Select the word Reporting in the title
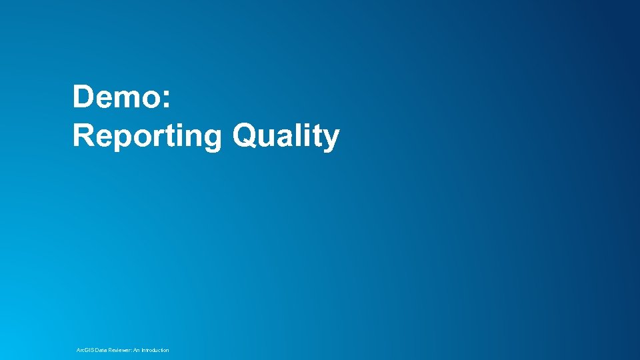coord(147,136)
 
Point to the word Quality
coord(286,136)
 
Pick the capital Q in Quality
coord(244,136)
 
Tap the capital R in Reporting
coord(83,135)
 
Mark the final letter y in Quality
coord(331,139)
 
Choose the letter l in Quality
coord(295,135)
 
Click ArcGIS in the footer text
coord(85,350)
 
